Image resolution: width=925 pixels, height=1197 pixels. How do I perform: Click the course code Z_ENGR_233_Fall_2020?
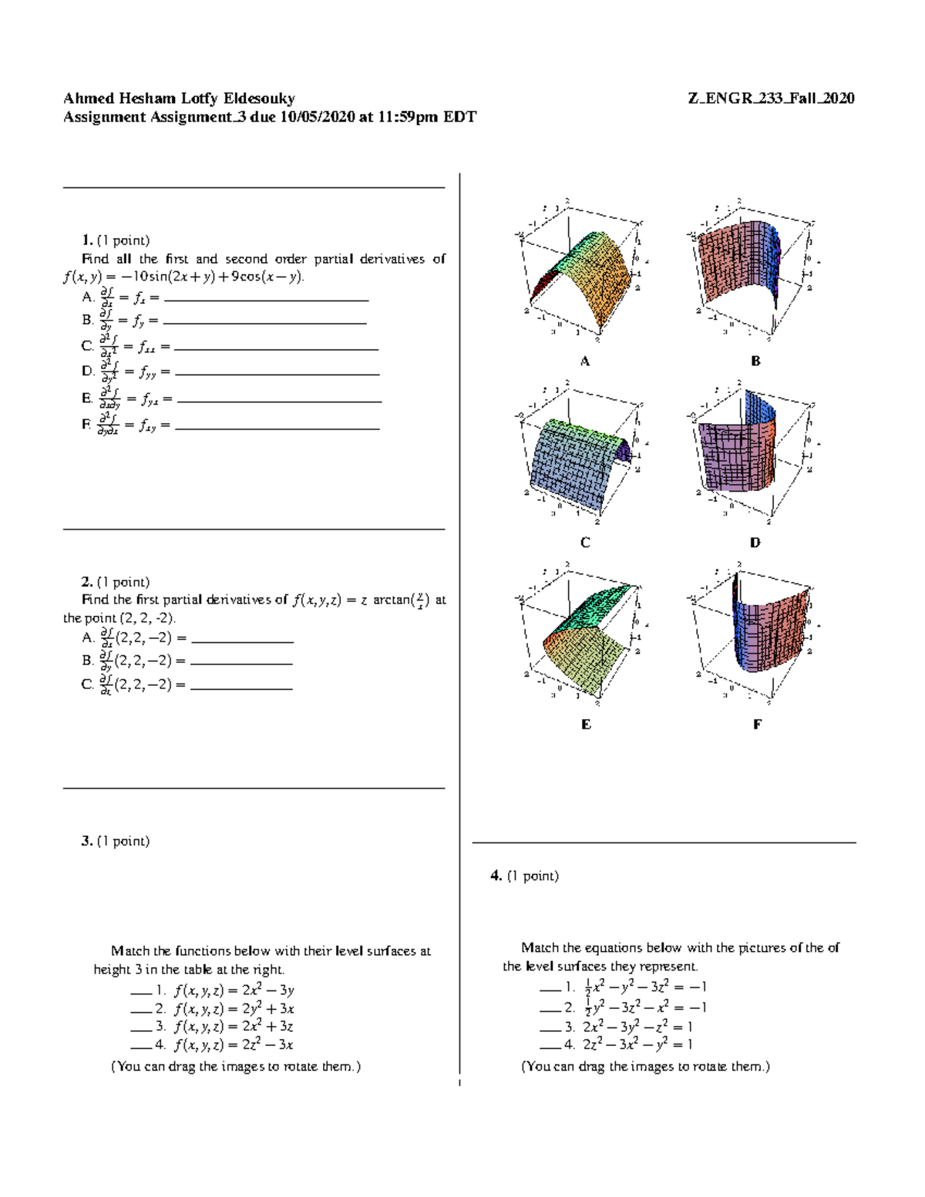pyautogui.click(x=771, y=98)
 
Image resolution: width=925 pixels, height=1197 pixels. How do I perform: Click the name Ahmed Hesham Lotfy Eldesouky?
pyautogui.click(x=179, y=98)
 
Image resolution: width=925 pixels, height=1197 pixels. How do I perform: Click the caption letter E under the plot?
pyautogui.click(x=586, y=725)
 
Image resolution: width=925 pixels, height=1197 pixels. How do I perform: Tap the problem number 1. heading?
pyautogui.click(x=87, y=240)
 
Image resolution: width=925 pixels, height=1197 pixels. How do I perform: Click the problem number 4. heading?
pyautogui.click(x=496, y=876)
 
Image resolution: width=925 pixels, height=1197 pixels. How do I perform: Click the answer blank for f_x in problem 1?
pyautogui.click(x=266, y=299)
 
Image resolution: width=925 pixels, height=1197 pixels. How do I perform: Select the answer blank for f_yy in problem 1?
pyautogui.click(x=277, y=374)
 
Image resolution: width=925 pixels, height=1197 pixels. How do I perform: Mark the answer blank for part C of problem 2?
pyautogui.click(x=241, y=687)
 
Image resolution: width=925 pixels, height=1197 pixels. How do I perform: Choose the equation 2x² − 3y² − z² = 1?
pyautogui.click(x=637, y=1027)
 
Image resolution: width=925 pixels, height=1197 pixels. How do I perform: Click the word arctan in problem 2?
pyautogui.click(x=391, y=600)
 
